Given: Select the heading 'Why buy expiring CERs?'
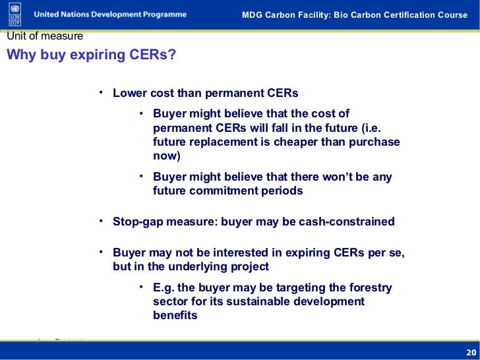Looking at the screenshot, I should [92, 54].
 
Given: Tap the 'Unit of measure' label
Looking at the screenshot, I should [45, 36].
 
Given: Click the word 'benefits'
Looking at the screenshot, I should [175, 315].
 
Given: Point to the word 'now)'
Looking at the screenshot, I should [166, 156].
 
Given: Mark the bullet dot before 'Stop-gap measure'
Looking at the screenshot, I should [102, 221].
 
